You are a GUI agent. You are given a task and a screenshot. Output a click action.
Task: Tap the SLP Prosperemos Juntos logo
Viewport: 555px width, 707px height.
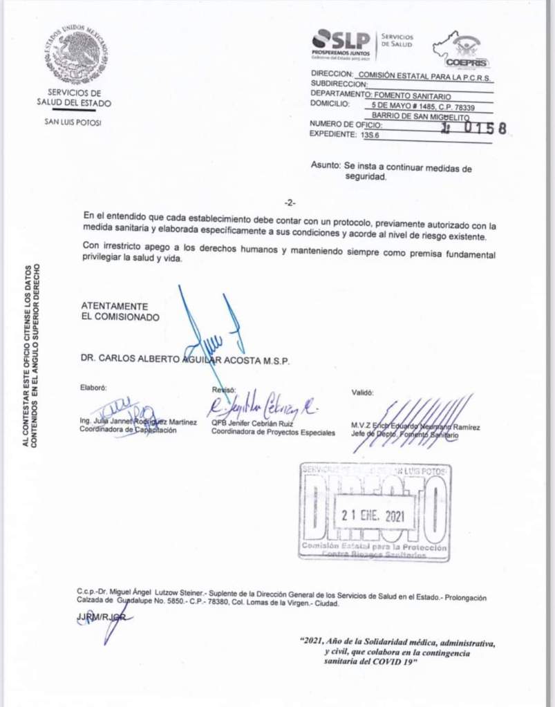(x=341, y=43)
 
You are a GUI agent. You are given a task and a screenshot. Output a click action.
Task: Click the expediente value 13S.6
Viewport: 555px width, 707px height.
(x=370, y=135)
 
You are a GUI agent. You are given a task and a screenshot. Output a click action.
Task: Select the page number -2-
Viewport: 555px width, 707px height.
(x=290, y=203)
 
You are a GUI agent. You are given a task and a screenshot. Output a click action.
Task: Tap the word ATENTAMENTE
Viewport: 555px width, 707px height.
(x=114, y=305)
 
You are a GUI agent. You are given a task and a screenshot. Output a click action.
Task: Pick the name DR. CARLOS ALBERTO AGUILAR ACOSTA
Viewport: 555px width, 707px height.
(x=185, y=361)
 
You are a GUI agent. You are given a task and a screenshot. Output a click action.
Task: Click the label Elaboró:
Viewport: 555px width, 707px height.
(x=93, y=388)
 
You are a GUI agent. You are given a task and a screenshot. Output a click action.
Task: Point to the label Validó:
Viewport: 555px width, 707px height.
(x=362, y=392)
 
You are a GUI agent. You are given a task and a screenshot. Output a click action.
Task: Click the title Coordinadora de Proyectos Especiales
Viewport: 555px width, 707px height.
(x=273, y=433)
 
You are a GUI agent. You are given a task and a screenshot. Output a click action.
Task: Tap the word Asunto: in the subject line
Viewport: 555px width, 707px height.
(x=326, y=167)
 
